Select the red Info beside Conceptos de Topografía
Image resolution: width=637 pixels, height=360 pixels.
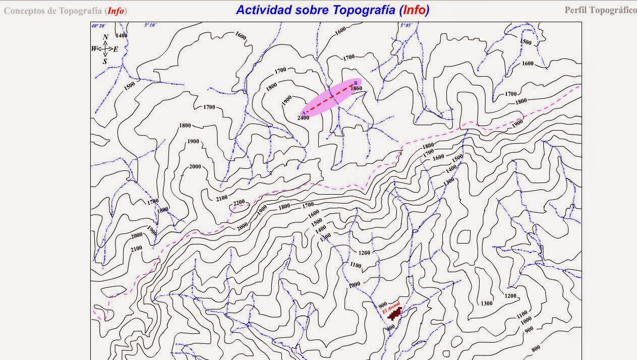pyautogui.click(x=115, y=11)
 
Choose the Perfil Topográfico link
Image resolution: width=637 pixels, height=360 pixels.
pyautogui.click(x=600, y=10)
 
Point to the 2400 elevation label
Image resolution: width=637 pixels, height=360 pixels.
pyautogui.click(x=303, y=117)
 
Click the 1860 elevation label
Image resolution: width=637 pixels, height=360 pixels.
pyautogui.click(x=356, y=88)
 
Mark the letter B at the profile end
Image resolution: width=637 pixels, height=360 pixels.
pyautogui.click(x=356, y=82)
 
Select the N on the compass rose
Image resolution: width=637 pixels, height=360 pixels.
pyautogui.click(x=105, y=37)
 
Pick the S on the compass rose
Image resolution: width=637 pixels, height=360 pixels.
pyautogui.click(x=105, y=62)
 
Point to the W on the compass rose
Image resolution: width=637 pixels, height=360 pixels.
pyautogui.click(x=94, y=49)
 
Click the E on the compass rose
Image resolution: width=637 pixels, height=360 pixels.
pyautogui.click(x=115, y=49)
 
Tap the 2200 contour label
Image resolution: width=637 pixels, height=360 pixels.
pyautogui.click(x=239, y=203)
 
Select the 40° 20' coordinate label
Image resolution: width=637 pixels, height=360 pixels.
pyautogui.click(x=98, y=25)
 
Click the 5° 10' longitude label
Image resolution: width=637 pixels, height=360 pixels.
pyautogui.click(x=150, y=25)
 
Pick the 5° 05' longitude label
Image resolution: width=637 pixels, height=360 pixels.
pyautogui.click(x=406, y=25)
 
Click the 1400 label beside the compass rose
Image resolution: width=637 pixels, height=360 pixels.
pyautogui.click(x=122, y=36)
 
